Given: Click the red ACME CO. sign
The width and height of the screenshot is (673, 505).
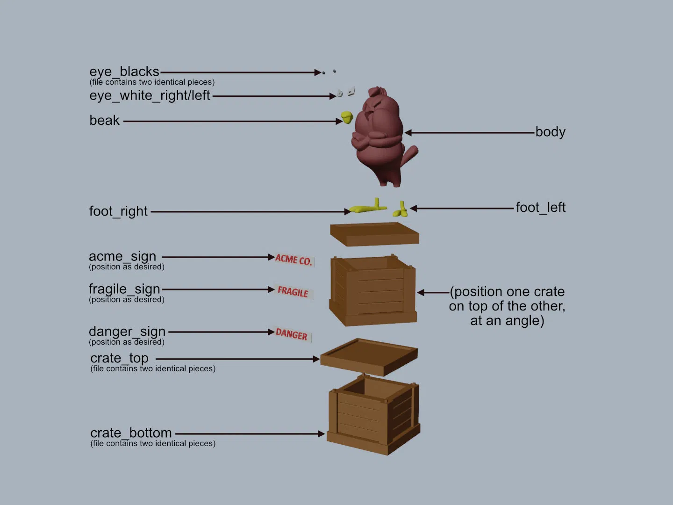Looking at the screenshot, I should (x=294, y=260).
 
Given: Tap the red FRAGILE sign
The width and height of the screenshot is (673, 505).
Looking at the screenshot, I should (x=293, y=292).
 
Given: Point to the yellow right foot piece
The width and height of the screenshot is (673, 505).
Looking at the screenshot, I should (x=368, y=207).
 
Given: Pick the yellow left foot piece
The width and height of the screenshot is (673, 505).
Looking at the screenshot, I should (x=401, y=209).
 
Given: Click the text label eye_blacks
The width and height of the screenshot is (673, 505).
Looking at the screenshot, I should (x=124, y=72).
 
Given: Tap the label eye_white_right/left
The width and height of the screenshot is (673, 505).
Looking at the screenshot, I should (x=150, y=95).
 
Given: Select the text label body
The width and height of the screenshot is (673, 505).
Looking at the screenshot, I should (x=550, y=132).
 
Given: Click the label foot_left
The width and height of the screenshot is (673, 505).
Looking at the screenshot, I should (x=540, y=207).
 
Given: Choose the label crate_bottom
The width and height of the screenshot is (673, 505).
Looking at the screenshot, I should (x=131, y=433).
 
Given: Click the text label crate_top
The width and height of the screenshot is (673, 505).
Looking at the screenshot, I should (x=119, y=358).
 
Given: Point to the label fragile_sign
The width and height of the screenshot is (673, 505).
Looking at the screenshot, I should (x=124, y=289).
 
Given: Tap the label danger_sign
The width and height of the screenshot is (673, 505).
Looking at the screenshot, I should (x=127, y=331).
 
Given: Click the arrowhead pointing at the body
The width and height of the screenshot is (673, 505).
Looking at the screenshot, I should (x=408, y=133).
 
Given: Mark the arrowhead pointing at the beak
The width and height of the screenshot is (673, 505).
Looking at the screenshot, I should (x=339, y=122).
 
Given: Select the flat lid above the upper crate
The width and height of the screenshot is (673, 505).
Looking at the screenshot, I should (x=374, y=233).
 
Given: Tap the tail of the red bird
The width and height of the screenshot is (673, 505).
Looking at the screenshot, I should (x=411, y=153).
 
